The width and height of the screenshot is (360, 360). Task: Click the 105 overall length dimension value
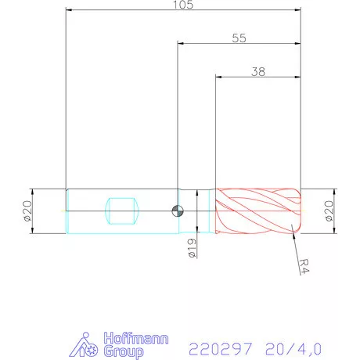[x=184, y=5]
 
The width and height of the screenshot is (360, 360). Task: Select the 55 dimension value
[x=239, y=38]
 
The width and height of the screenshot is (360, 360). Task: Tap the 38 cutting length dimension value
[x=257, y=70]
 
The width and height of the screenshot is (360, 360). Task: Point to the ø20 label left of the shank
[x=27, y=211]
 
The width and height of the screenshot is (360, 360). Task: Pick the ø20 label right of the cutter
[x=327, y=211]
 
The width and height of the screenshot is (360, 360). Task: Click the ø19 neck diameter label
[x=192, y=248]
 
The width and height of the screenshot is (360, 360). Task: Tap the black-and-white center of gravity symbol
[x=178, y=209]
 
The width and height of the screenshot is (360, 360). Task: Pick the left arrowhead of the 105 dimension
[x=69, y=11]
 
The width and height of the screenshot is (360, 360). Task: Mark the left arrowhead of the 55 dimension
[x=181, y=44]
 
